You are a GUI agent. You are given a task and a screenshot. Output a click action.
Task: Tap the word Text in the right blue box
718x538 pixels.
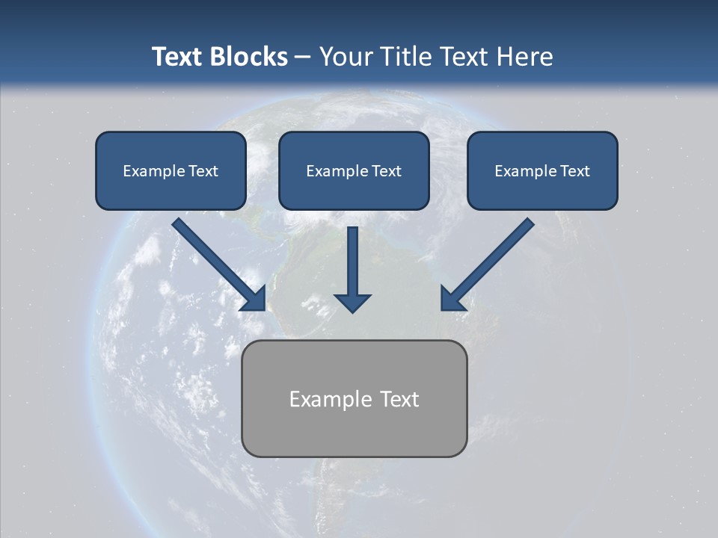tap(574, 171)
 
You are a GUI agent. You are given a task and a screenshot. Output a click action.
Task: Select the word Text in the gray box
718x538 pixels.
tap(399, 399)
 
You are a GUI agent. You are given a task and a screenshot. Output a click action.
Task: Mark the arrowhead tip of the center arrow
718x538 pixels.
tap(352, 310)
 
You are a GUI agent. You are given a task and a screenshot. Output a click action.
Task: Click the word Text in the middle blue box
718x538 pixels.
tap(386, 171)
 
